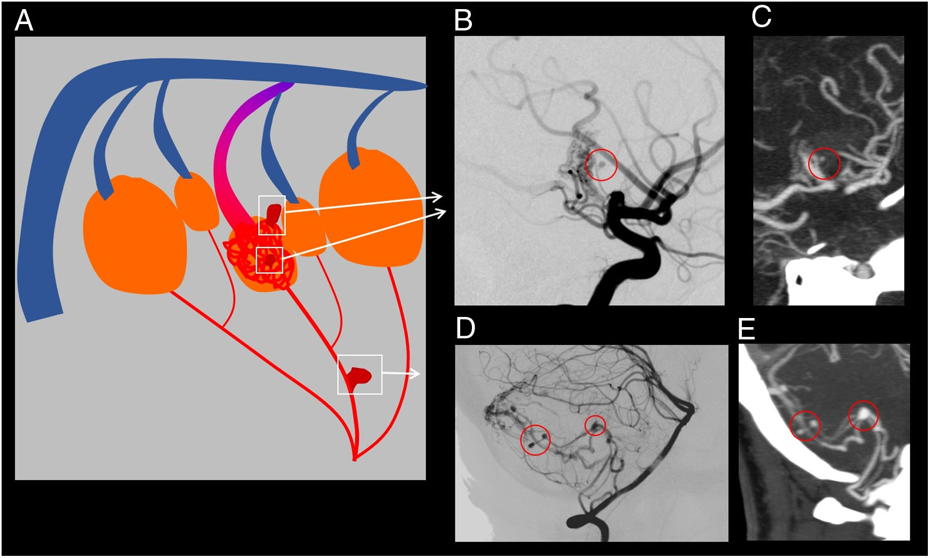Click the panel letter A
pyautogui.click(x=24, y=21)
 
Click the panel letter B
pyautogui.click(x=463, y=21)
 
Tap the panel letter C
pyautogui.click(x=761, y=17)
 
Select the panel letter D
pyautogui.click(x=465, y=328)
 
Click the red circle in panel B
pyautogui.click(x=601, y=165)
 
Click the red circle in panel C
pyautogui.click(x=824, y=164)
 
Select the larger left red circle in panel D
pyautogui.click(x=535, y=440)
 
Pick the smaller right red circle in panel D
pyautogui.click(x=595, y=425)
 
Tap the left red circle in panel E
pyautogui.click(x=805, y=425)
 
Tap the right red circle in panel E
pyautogui.click(x=863, y=415)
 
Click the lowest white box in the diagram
pyautogui.click(x=360, y=375)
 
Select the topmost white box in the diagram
pyautogui.click(x=272, y=215)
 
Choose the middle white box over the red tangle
pyautogui.click(x=269, y=260)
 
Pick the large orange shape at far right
pyautogui.click(x=371, y=208)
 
